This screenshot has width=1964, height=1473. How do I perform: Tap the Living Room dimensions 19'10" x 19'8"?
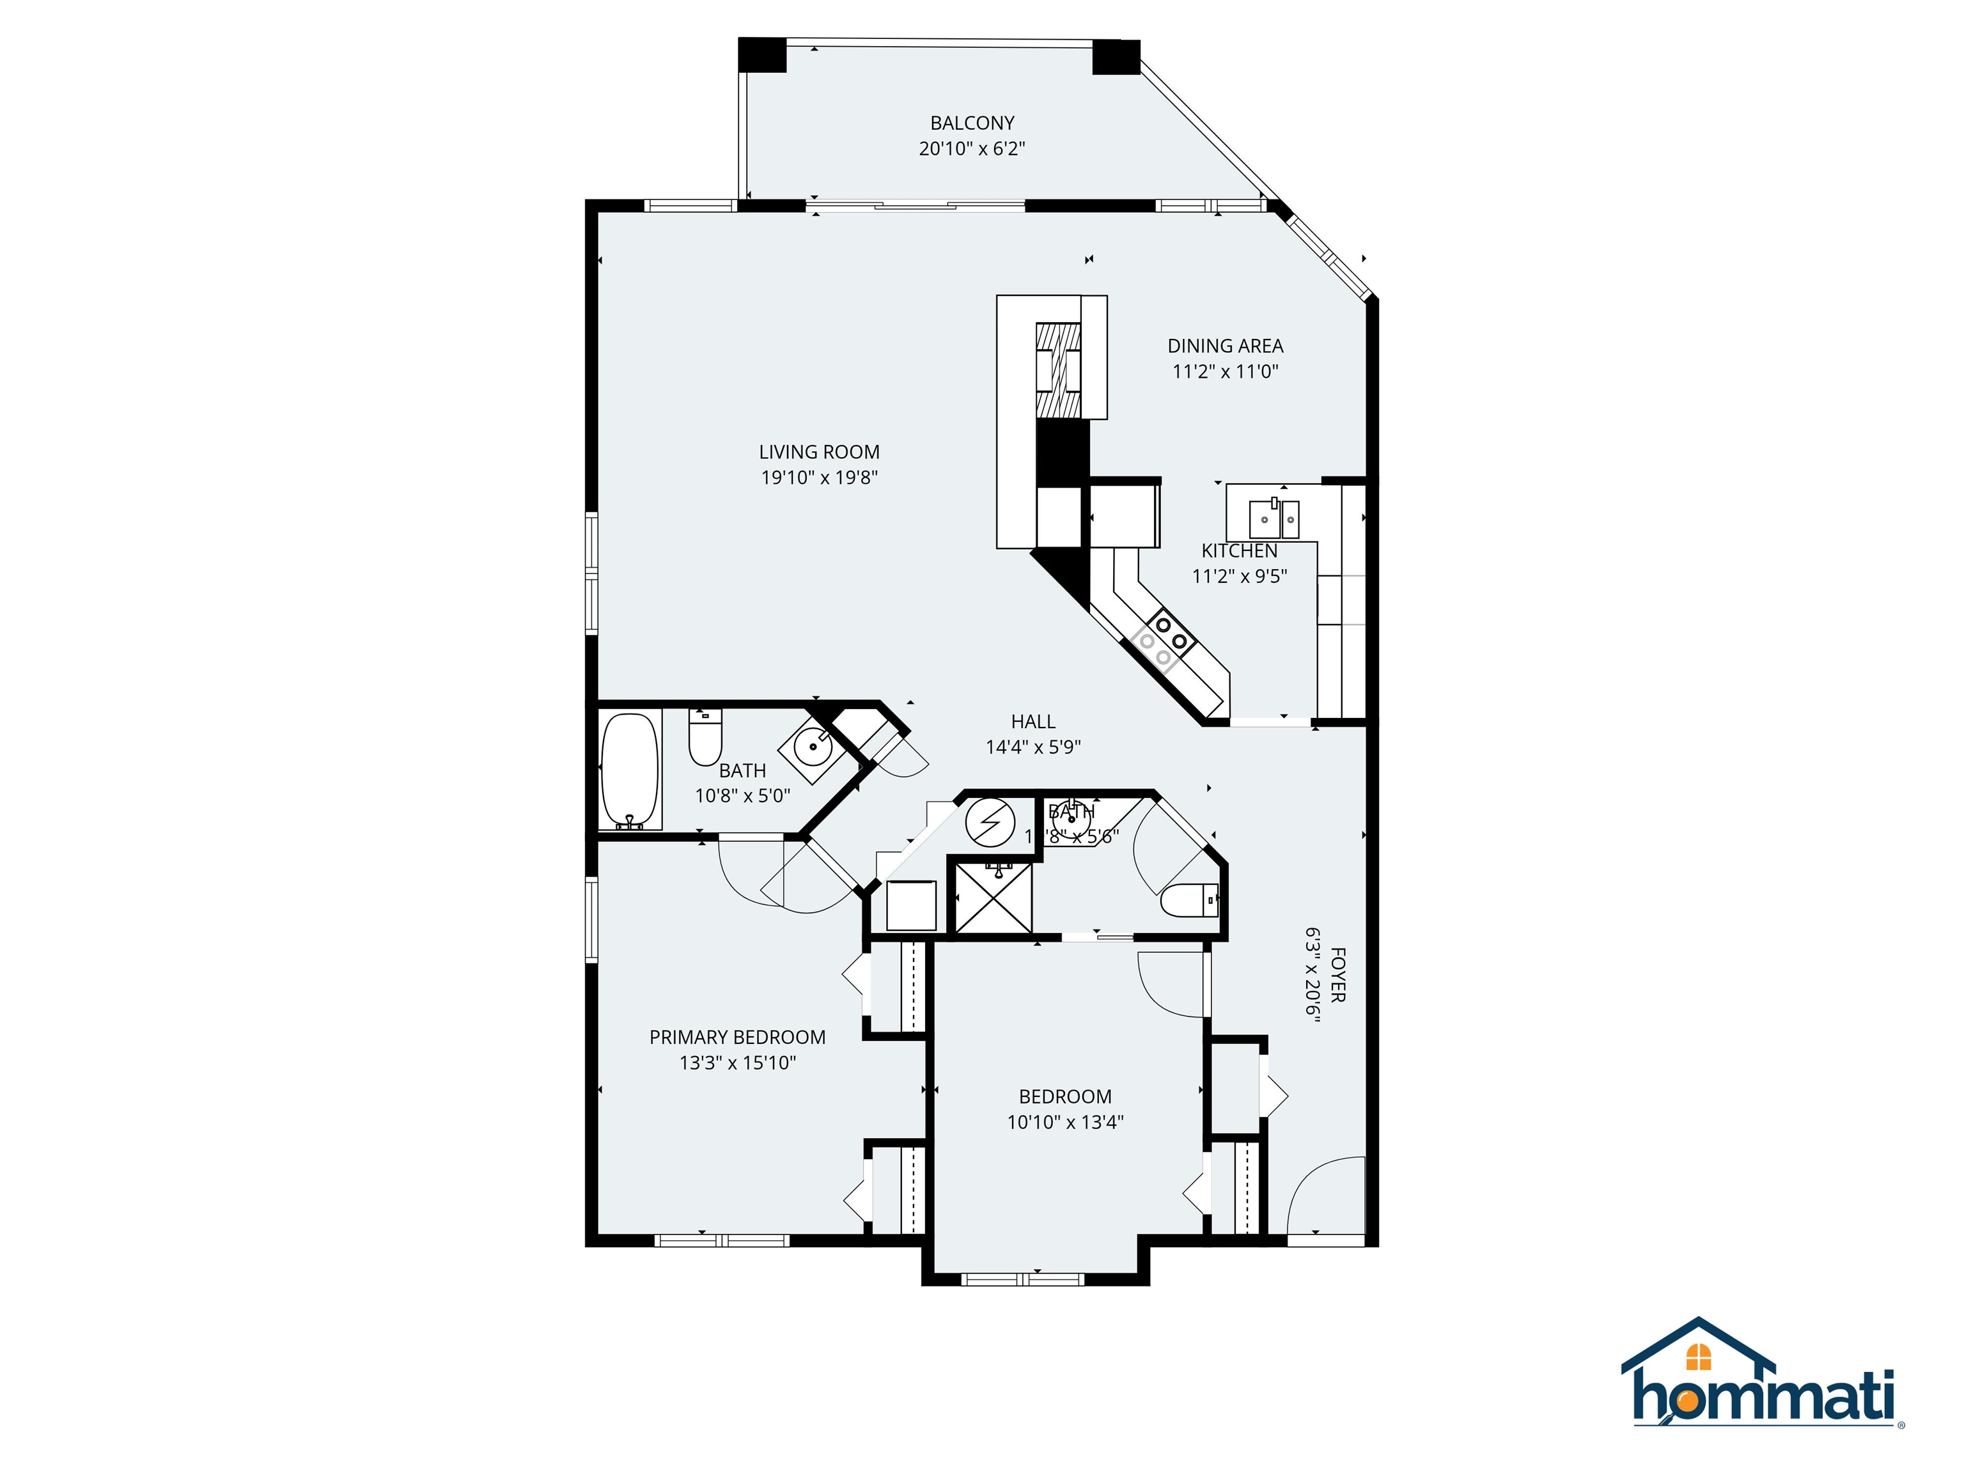818,478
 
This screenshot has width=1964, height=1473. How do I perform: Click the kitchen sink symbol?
1274,514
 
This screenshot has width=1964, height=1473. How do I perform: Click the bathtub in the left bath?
630,770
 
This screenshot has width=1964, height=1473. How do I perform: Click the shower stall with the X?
994,897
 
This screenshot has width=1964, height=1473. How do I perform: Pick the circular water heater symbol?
990,823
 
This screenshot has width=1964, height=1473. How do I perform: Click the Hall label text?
1033,722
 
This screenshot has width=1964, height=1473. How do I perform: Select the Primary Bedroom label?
737,1037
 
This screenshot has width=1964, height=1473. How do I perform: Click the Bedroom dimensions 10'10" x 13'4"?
1064,1122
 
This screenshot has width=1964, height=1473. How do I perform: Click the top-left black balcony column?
762,55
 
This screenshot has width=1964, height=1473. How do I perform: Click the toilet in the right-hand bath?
1190,900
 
